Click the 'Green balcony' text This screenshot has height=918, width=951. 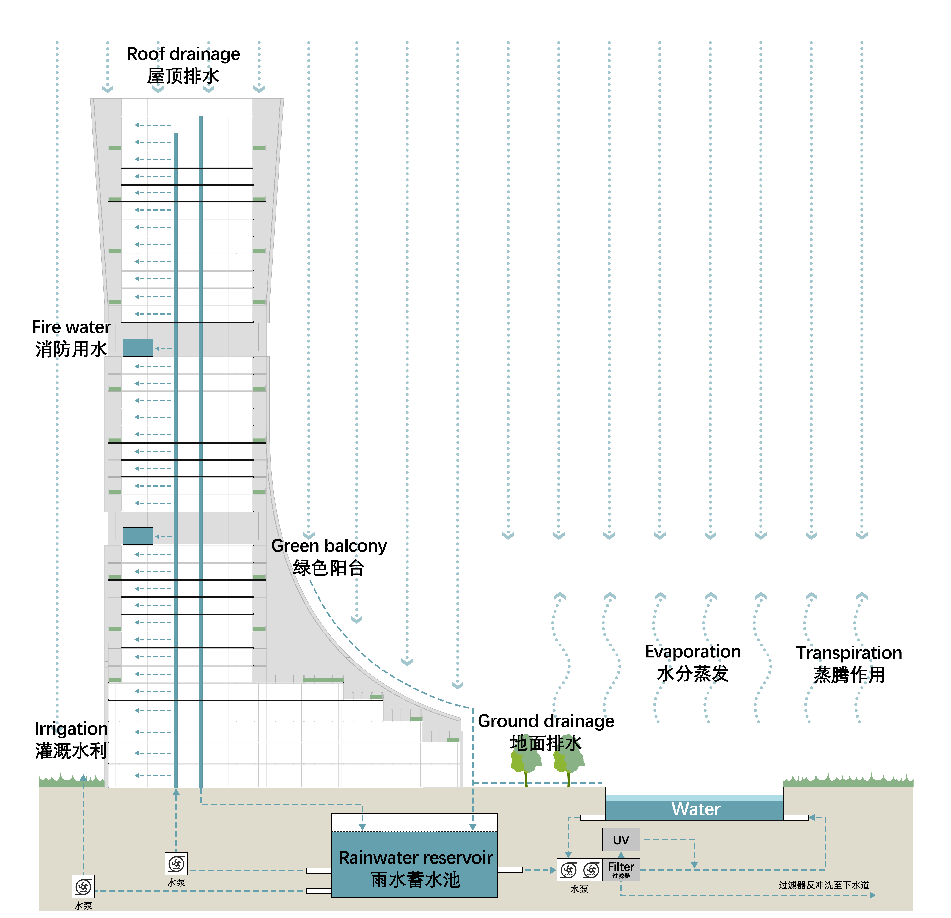(x=329, y=546)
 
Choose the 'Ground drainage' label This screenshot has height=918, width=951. (x=546, y=721)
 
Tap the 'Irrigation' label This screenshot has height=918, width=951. (x=71, y=729)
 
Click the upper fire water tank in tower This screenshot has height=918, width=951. (x=138, y=348)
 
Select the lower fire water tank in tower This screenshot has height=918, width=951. (x=138, y=536)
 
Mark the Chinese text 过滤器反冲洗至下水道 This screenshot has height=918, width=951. (x=824, y=885)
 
